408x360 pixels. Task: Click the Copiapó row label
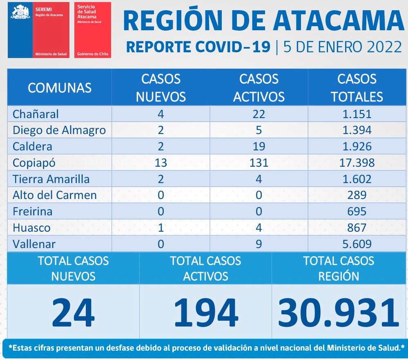coord(34,163)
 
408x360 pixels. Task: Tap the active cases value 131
coord(259,163)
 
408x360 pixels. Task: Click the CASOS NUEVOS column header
coord(161,87)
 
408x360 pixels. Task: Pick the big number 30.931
coord(339,313)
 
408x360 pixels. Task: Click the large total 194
coord(205,313)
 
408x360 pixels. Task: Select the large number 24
coord(74,313)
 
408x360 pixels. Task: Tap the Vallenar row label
coord(34,244)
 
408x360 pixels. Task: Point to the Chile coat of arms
coord(20,13)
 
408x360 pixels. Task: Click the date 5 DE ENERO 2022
coord(342,47)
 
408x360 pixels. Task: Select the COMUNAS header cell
coord(60,87)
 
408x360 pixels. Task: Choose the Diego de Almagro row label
coord(59,130)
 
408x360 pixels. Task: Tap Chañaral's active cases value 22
coord(259,114)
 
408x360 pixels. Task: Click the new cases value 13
coord(161,163)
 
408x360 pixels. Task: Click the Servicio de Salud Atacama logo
coord(92,30)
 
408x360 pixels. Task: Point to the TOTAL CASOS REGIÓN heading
coord(339,268)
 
